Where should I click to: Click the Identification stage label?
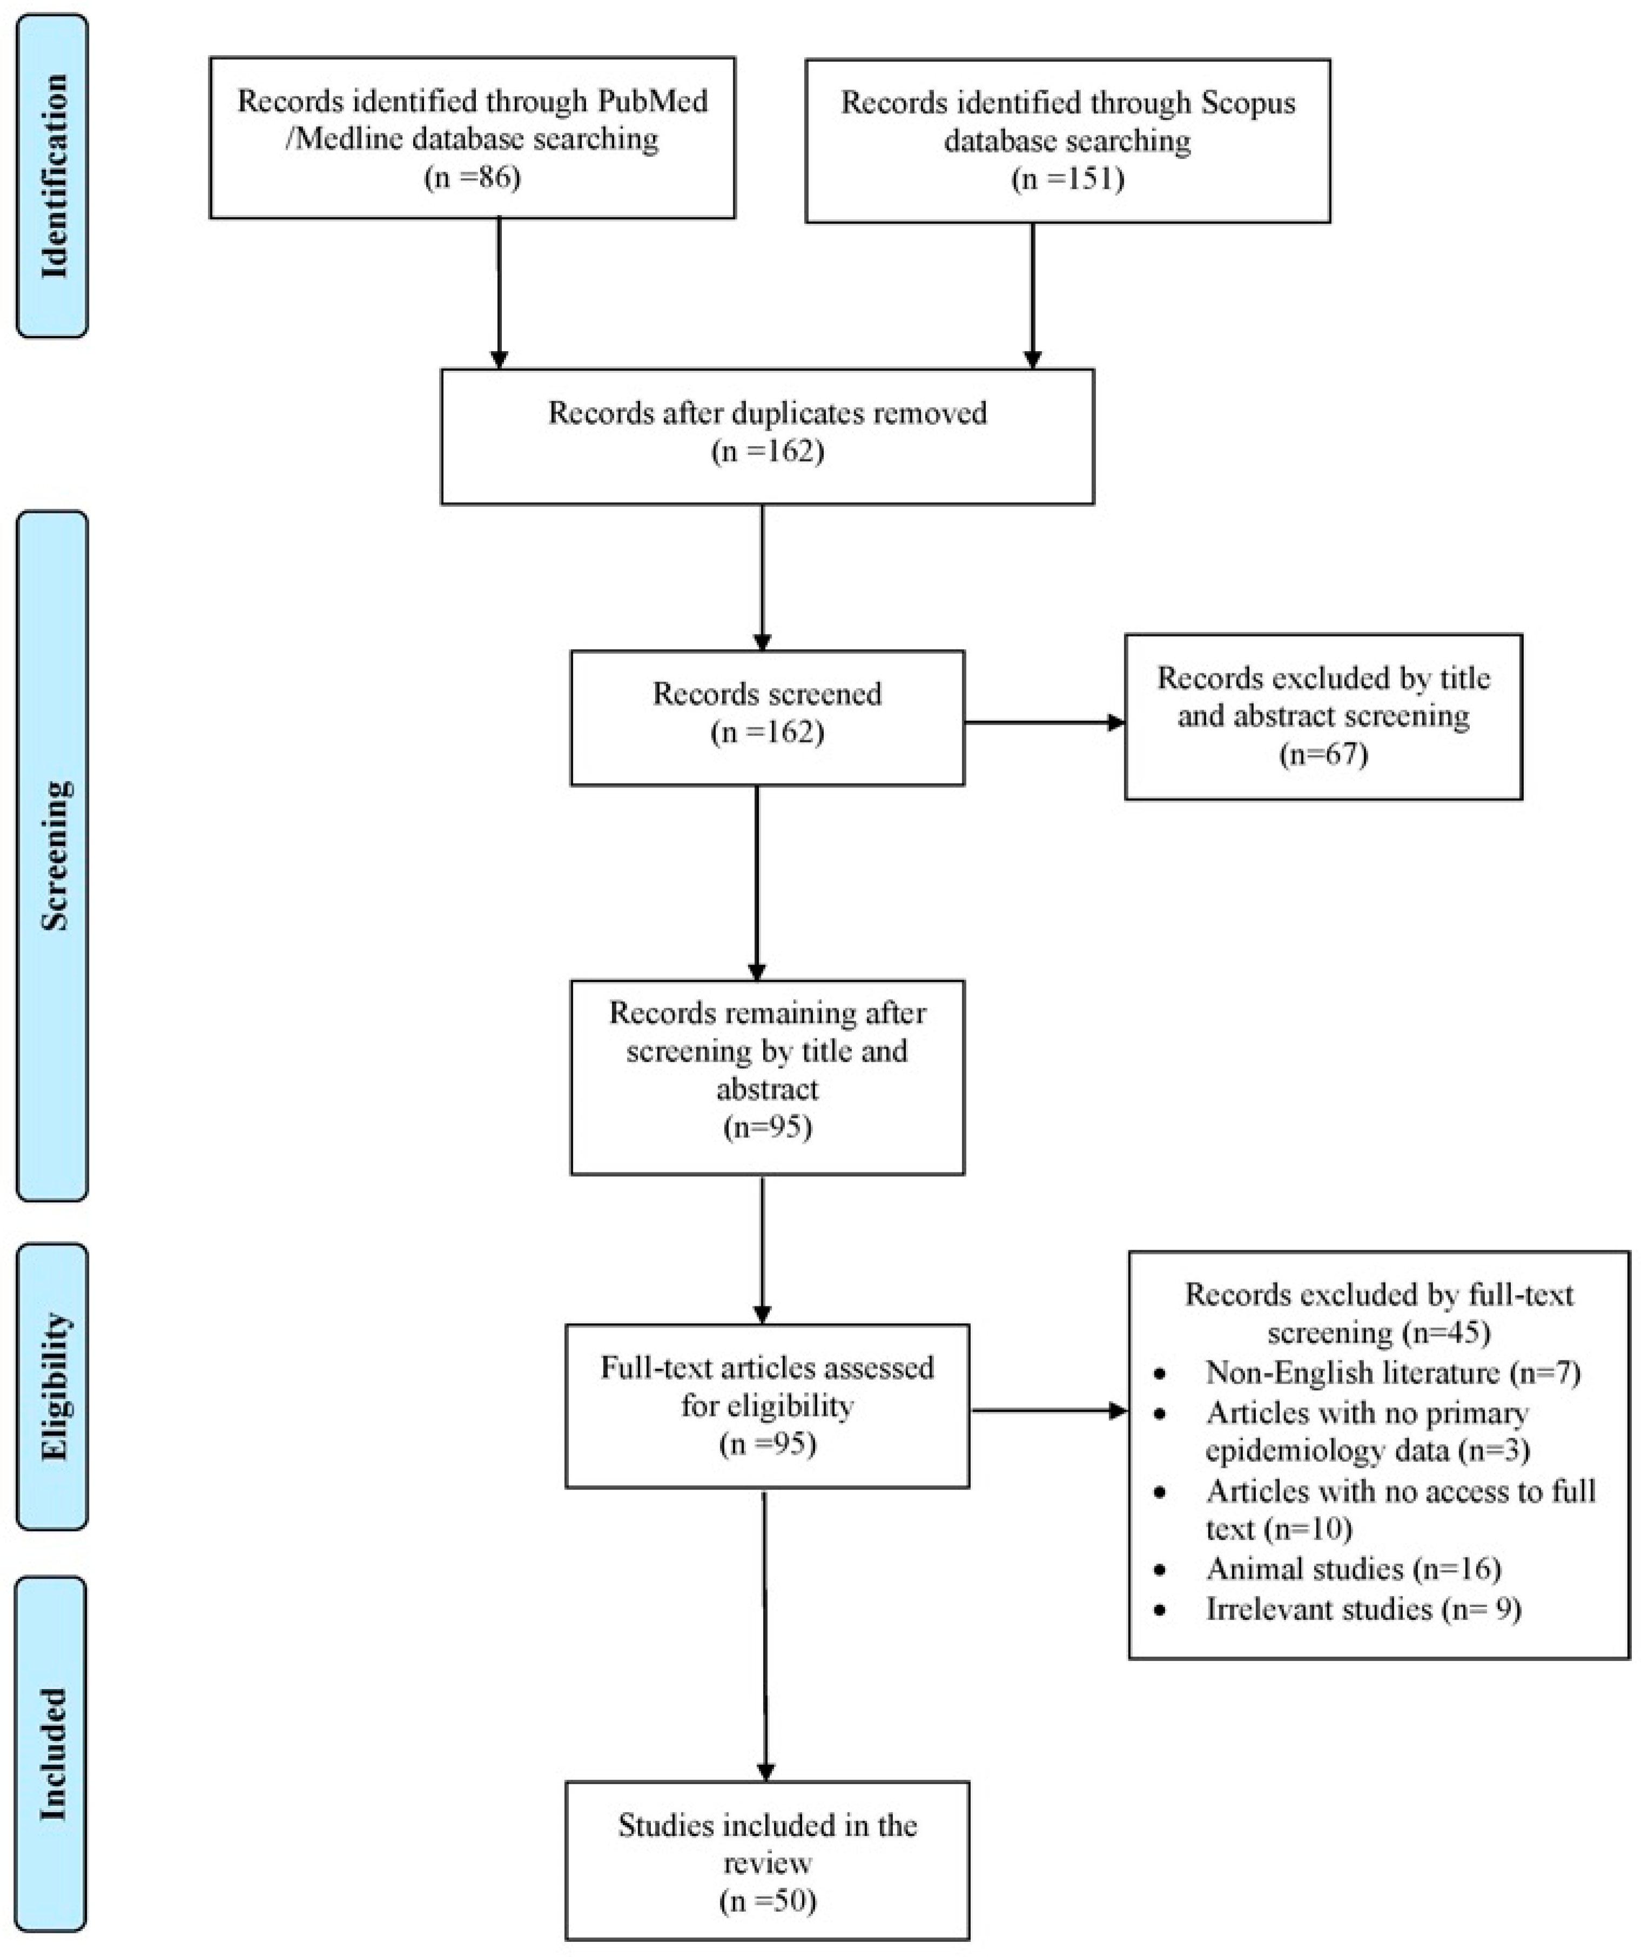click(x=53, y=175)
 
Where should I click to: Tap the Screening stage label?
click(x=53, y=855)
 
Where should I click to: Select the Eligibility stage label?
click(x=53, y=1386)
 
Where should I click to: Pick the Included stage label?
click(x=53, y=1754)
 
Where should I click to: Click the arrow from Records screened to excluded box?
click(x=1044, y=722)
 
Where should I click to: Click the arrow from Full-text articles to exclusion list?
click(x=1048, y=1411)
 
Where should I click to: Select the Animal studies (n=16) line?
click(x=1353, y=1569)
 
